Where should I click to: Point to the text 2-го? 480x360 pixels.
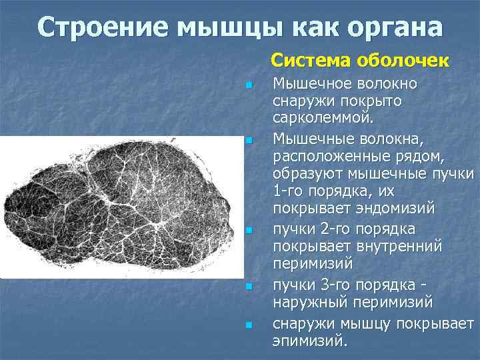329,229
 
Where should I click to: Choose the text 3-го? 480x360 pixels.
329,285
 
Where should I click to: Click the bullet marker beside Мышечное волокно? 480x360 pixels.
248,85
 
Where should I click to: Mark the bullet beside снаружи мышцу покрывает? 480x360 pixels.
248,325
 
